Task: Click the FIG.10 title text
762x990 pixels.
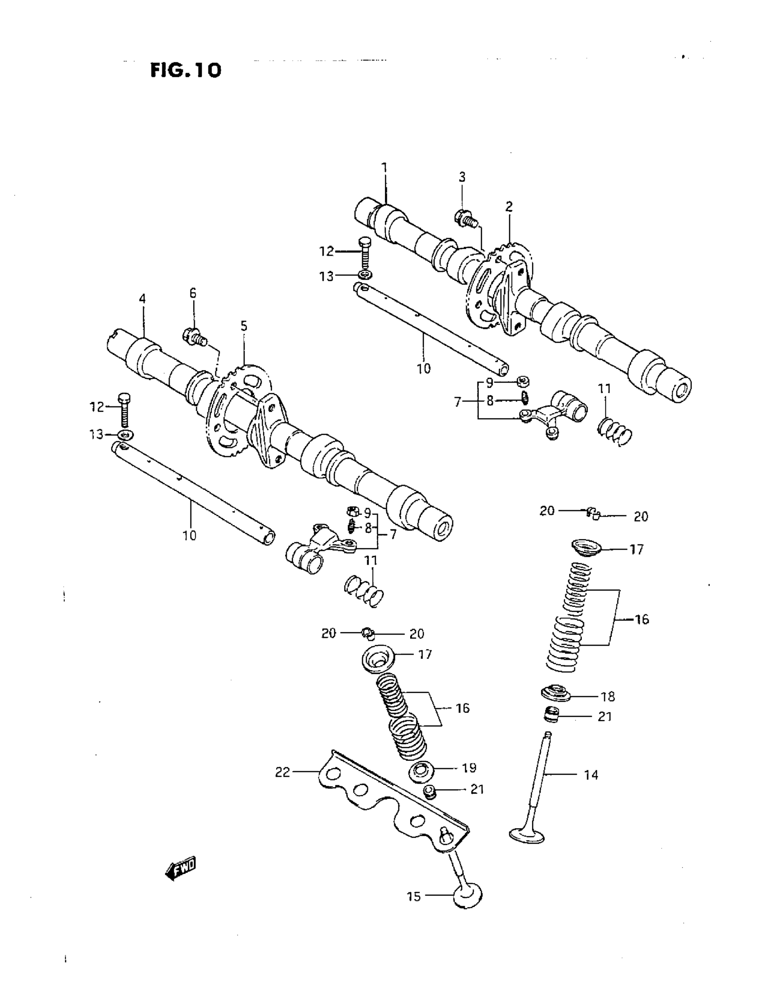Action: pyautogui.click(x=186, y=70)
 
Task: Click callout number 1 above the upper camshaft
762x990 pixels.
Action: pyautogui.click(x=384, y=169)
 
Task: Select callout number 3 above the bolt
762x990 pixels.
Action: pyautogui.click(x=462, y=177)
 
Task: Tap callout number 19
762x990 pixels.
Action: pyautogui.click(x=469, y=768)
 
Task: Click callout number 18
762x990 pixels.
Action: pyautogui.click(x=607, y=697)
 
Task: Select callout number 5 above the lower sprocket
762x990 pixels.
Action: pyautogui.click(x=244, y=326)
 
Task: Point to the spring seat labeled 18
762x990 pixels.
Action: pyautogui.click(x=556, y=694)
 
